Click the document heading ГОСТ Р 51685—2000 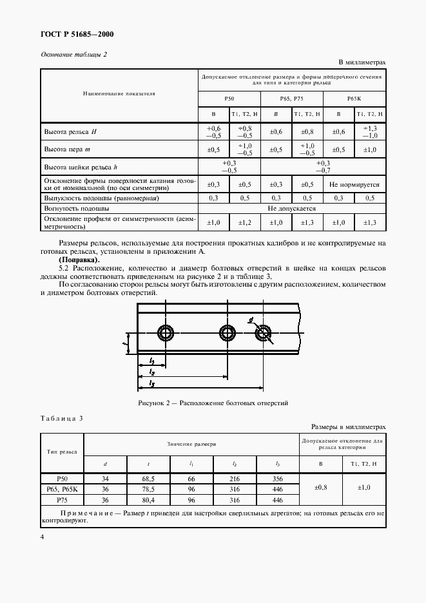click(69, 35)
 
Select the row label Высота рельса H click(70, 131)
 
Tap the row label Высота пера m click(69, 149)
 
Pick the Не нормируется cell click(354, 184)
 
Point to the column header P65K click(354, 97)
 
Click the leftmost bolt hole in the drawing click(166, 333)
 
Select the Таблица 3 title click(62, 419)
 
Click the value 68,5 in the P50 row click(149, 479)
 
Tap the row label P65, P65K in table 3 click(62, 489)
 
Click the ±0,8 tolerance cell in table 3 click(320, 488)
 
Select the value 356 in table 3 click(277, 479)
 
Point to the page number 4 click(42, 536)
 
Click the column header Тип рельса click(62, 450)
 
